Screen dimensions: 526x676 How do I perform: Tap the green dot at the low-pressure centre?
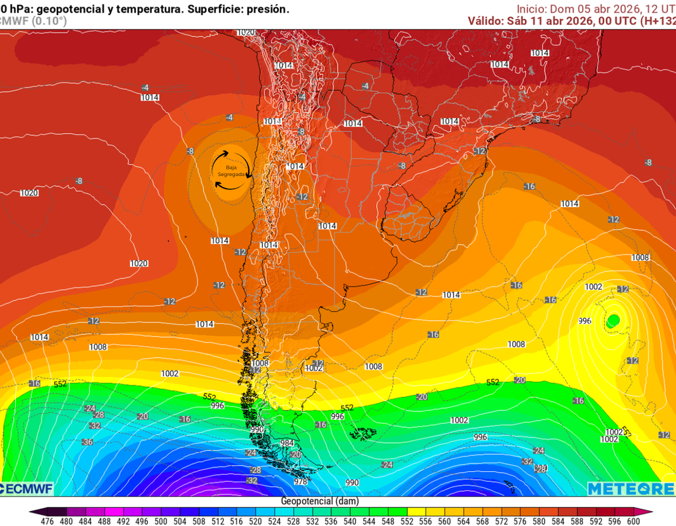pos(613,321)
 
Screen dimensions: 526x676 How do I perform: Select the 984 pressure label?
pos(287,443)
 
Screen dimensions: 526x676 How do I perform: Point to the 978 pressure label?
pos(300,481)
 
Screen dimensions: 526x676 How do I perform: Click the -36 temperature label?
pos(86,442)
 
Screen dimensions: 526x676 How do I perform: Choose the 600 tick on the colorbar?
pos(633,521)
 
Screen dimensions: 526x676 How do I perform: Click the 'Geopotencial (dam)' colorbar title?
pos(320,501)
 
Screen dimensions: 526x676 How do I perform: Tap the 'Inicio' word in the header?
pos(531,9)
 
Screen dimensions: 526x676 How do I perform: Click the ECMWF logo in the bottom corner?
pos(26,488)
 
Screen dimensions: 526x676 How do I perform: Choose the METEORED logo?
pos(631,488)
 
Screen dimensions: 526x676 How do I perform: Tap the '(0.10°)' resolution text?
pos(48,20)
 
